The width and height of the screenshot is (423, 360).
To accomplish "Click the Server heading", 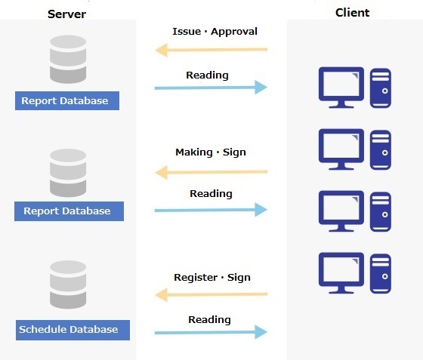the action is point(66,14).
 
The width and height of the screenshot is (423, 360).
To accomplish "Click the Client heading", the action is point(352,13).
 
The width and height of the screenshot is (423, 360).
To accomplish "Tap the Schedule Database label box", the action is point(73,330).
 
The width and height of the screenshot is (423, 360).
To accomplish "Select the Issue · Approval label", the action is point(215,32).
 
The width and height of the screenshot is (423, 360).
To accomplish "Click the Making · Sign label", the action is point(211,152).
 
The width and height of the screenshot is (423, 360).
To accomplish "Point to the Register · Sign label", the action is point(212,278).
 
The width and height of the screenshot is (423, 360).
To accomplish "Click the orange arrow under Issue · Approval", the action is point(211,50).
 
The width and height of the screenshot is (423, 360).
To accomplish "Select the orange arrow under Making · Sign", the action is point(211,172).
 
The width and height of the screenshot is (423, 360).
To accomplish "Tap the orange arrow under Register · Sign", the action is point(211,294).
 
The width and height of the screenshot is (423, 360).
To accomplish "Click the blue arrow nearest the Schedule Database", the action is point(211,332).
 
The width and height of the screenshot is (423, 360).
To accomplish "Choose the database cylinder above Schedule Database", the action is point(68,285).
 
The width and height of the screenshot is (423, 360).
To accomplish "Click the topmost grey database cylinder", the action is point(68,60).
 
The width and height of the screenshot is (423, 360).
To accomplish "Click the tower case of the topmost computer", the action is point(381,88).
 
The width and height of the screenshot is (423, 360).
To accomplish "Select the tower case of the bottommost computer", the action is point(381,273).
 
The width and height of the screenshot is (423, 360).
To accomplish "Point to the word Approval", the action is point(234,32).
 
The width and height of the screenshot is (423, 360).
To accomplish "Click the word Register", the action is point(196,278).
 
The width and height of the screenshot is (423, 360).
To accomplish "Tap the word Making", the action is point(194,152).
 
